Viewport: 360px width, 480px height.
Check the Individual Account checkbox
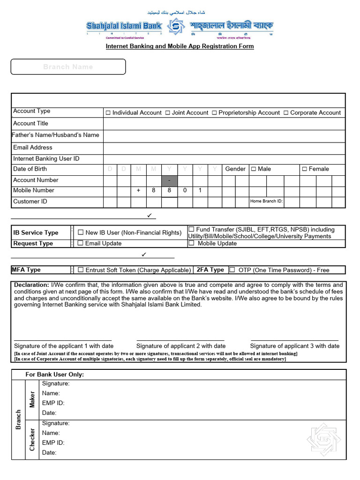[108, 113]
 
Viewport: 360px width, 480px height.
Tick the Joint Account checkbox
[168, 113]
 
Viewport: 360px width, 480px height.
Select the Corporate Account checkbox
[286, 113]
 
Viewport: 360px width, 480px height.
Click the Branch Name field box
[68, 67]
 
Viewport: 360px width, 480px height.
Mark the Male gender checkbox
[254, 169]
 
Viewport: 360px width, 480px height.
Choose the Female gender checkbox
[304, 169]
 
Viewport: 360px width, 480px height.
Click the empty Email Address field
[224, 147]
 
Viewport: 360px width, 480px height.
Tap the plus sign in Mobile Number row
[138, 190]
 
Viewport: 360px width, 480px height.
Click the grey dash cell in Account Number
[169, 180]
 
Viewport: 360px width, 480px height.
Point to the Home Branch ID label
[267, 202]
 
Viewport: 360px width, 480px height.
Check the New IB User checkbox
[81, 232]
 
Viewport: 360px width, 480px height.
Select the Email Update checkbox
[81, 243]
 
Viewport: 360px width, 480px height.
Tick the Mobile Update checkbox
[191, 243]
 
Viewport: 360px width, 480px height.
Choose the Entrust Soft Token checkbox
[81, 270]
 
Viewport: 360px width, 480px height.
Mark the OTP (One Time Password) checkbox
[232, 270]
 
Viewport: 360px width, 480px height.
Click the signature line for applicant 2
[180, 340]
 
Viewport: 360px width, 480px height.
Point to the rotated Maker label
[32, 399]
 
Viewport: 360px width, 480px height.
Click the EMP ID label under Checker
[53, 442]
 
